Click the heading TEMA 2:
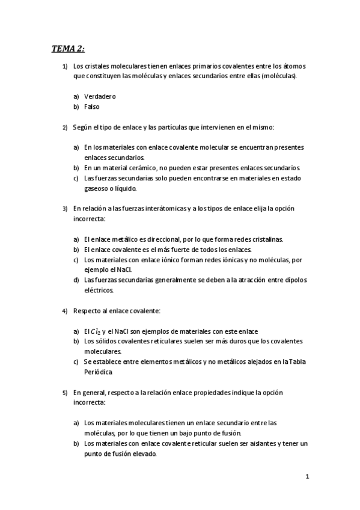click(x=68, y=49)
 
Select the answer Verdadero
click(x=100, y=96)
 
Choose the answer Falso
click(x=92, y=107)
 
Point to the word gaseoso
click(x=98, y=188)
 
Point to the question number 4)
click(x=65, y=311)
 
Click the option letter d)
click(x=76, y=280)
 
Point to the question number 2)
click(x=65, y=127)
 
